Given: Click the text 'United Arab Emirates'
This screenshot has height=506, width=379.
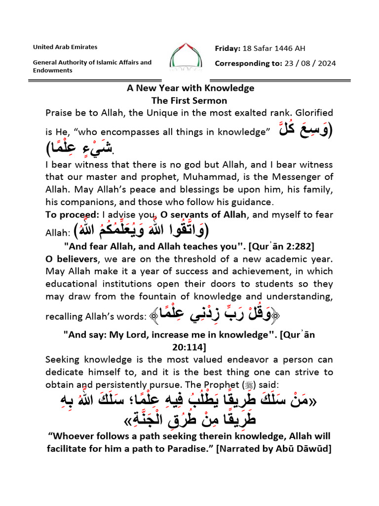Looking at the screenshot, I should [x=65, y=47].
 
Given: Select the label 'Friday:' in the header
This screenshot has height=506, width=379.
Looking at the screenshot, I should [x=227, y=48].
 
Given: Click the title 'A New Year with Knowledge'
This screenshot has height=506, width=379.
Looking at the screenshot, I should [x=190, y=88].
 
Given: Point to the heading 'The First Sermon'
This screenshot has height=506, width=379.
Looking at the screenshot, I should [x=189, y=100].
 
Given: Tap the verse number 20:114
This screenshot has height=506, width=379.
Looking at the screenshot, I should [x=189, y=347].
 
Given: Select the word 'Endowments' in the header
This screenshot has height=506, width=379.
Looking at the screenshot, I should [x=53, y=70].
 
